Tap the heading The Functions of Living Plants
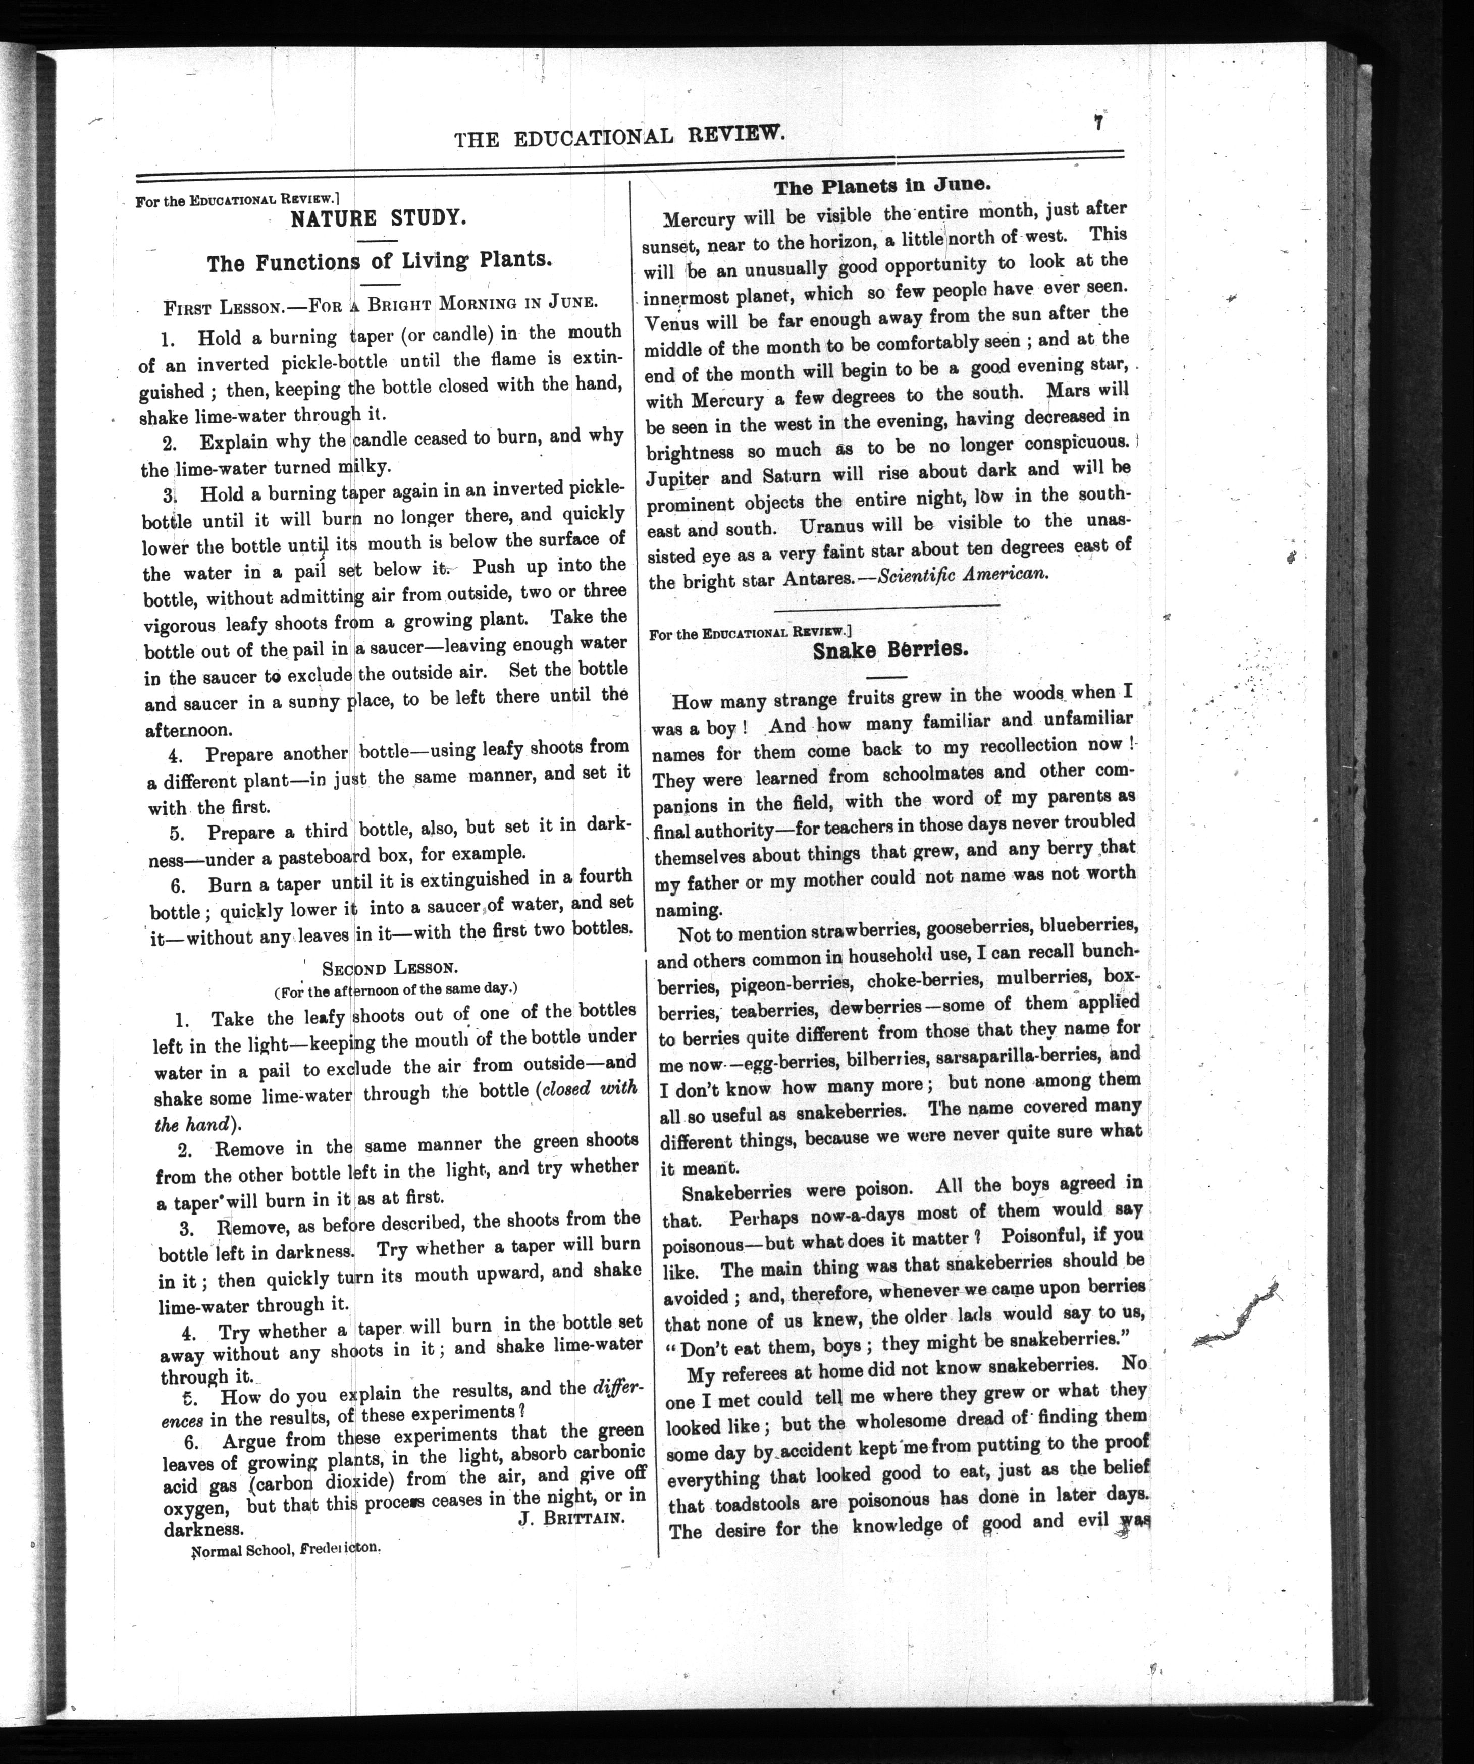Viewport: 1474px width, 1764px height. point(379,261)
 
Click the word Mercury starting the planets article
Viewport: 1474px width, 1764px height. point(699,221)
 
